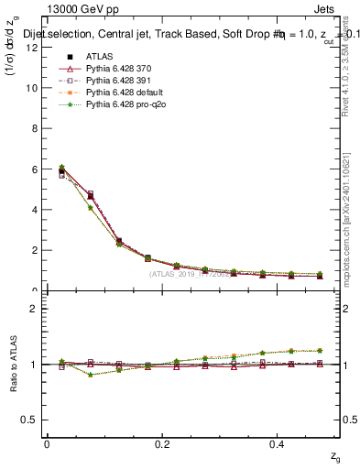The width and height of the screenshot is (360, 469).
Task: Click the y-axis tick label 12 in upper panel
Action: pos(31,48)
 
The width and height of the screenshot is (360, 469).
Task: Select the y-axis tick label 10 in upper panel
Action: pos(31,88)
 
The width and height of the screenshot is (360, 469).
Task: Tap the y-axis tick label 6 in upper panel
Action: pos(34,169)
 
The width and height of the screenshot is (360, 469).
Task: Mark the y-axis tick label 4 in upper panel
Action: pos(34,210)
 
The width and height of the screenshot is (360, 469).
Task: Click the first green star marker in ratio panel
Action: pos(61,362)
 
